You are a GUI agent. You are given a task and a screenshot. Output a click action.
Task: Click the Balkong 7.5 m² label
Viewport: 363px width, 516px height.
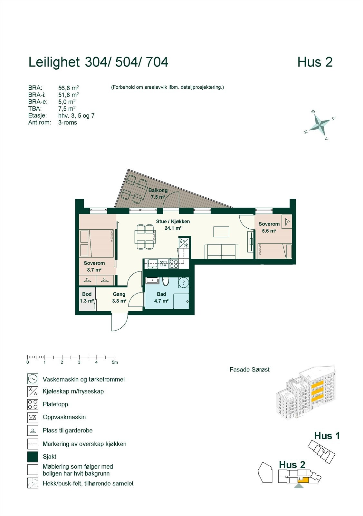click(158, 194)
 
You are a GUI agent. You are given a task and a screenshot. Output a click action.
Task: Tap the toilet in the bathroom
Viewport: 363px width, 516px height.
click(166, 282)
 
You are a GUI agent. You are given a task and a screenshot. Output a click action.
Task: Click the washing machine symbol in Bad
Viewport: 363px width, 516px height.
click(184, 283)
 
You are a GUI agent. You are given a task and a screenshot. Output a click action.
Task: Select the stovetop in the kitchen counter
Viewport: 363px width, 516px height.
click(174, 264)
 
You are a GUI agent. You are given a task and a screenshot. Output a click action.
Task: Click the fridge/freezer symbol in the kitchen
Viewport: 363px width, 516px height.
click(184, 243)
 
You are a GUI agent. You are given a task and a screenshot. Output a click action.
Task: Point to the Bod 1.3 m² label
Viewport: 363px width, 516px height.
click(87, 297)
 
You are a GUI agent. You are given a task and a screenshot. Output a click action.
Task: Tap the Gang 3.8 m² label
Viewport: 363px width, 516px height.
click(119, 297)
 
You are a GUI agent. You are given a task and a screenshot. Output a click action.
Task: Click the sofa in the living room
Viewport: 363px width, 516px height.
click(221, 252)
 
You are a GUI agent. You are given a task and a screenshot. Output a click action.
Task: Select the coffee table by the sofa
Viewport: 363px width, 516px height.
click(221, 232)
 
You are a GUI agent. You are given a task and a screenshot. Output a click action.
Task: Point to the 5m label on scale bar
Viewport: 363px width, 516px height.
click(115, 362)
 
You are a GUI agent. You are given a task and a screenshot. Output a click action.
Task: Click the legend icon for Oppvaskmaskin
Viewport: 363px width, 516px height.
click(33, 417)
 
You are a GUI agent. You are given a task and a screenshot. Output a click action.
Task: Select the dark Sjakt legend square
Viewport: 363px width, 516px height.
click(33, 457)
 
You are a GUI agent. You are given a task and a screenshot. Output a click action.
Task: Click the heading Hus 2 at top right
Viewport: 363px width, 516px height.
click(315, 62)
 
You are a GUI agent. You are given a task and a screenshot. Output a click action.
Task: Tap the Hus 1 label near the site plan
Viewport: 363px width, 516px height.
click(327, 436)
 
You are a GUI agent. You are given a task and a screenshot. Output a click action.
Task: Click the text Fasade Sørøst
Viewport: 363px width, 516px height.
click(249, 370)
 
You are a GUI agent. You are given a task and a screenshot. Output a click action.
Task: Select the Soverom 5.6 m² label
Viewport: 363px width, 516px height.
click(269, 227)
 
